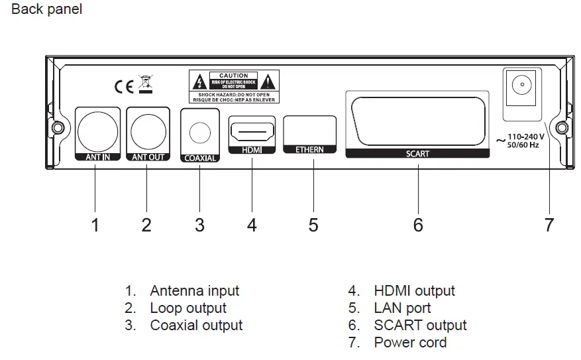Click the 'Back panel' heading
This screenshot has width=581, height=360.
click(47, 10)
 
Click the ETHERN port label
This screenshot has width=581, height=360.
click(309, 150)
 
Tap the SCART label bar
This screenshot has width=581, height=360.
click(417, 153)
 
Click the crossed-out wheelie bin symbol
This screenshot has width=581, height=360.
click(145, 84)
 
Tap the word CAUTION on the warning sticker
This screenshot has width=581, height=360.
click(233, 76)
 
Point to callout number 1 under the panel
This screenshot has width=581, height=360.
click(95, 225)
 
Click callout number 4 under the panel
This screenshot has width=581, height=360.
click(252, 225)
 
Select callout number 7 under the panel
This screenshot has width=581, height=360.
click(549, 225)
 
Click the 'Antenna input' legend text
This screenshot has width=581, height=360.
click(194, 290)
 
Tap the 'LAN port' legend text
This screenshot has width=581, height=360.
click(402, 308)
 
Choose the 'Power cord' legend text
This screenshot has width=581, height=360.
click(410, 342)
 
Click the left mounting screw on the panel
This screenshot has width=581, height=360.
click(58, 127)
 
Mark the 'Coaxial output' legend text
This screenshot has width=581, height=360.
click(196, 325)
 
